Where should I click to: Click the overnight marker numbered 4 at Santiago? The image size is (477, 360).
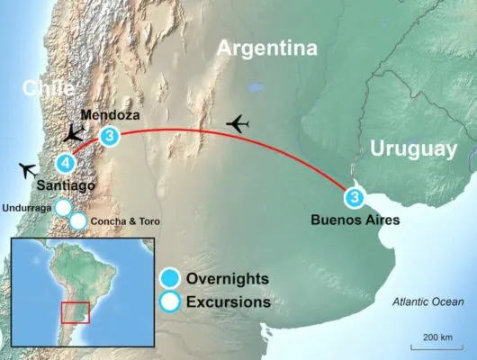point(65,164)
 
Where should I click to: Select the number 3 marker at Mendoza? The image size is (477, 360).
point(109,137)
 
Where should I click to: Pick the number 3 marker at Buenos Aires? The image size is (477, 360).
point(355,198)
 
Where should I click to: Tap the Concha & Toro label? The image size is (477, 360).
point(126,220)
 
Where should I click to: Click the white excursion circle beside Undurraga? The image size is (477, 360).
point(63,208)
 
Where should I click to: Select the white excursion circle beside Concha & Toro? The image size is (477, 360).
point(78,220)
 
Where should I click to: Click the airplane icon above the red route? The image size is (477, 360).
point(238,122)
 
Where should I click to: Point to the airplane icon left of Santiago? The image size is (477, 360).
point(28,169)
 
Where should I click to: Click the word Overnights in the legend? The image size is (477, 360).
point(228,276)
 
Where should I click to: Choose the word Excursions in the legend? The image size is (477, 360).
point(228,302)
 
